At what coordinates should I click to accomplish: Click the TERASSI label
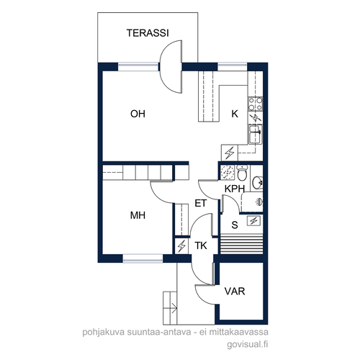coord(148,33)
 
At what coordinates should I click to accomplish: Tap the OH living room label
coord(138,114)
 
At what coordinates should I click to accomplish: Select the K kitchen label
coord(235,114)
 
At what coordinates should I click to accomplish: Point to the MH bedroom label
coord(138,215)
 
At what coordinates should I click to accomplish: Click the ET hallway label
coord(200,203)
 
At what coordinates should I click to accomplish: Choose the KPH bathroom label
coord(235,189)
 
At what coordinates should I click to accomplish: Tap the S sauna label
coord(235,225)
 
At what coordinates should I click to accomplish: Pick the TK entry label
coord(201,246)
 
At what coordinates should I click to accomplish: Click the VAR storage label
coord(235,291)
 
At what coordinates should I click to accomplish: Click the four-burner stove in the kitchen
coord(256,104)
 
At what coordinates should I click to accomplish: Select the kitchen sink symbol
coord(256,134)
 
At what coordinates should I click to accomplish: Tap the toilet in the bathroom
coord(242,173)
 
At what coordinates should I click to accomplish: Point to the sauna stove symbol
coord(253,221)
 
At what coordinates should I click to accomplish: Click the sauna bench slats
coord(241,243)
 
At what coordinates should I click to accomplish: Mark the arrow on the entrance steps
coord(174,307)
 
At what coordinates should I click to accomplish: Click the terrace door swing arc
coord(171,66)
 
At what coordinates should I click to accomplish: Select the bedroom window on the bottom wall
coord(143,258)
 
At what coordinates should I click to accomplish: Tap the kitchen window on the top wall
coord(233,66)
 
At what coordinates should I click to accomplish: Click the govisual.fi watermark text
coord(248,345)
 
